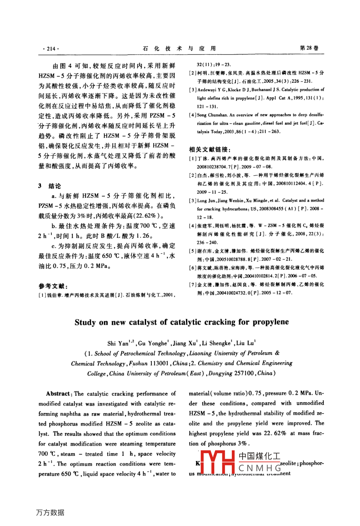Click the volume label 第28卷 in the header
coord(309,48)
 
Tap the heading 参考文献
coord(53,286)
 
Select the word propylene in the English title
coord(270,322)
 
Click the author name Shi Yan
coord(118,343)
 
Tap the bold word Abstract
coord(58,394)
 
